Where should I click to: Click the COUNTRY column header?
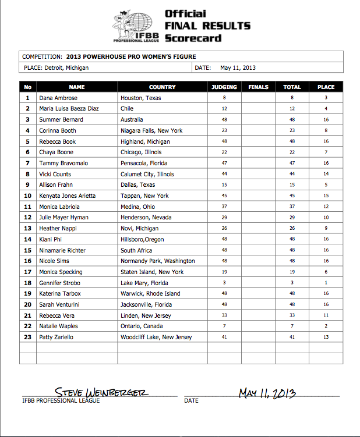click(162, 87)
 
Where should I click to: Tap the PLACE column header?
click(326, 87)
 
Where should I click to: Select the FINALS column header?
click(258, 87)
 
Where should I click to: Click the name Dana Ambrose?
click(59, 98)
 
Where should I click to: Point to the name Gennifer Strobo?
click(59, 283)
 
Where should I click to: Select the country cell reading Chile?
click(127, 109)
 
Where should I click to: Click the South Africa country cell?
click(136, 250)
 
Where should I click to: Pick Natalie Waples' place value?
click(326, 326)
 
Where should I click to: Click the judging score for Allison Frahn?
click(224, 185)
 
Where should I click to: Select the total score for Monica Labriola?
click(292, 207)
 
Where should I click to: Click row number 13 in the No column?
click(27, 229)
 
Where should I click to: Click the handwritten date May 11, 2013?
click(267, 393)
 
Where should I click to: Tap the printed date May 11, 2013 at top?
click(238, 67)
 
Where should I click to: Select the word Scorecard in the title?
click(193, 38)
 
